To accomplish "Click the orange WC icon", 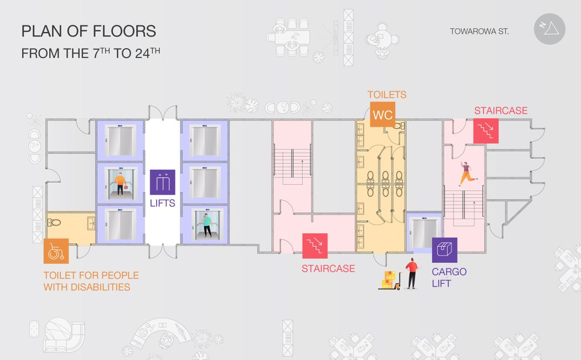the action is [x=382, y=114].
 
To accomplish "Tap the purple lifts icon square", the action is [x=162, y=182].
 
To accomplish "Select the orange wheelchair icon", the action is [x=56, y=251].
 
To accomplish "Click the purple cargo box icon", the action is [x=445, y=250].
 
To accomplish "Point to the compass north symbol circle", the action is [x=549, y=29].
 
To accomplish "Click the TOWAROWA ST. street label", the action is [x=480, y=32].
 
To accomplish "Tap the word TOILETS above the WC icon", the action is [x=387, y=95].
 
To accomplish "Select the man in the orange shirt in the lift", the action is [x=120, y=184].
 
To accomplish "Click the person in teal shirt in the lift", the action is [x=206, y=225].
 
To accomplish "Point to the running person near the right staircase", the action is [x=467, y=173].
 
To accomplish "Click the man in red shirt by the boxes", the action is [x=412, y=273].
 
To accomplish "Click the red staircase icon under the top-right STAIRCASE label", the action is [x=486, y=131].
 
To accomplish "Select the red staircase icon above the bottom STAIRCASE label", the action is [x=315, y=246].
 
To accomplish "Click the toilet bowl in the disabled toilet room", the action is [x=54, y=222].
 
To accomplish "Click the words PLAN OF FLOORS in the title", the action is [x=89, y=31].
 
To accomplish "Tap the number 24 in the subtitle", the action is [x=142, y=54].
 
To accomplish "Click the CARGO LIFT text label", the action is [x=449, y=278].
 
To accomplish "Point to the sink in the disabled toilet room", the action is [x=90, y=223].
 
